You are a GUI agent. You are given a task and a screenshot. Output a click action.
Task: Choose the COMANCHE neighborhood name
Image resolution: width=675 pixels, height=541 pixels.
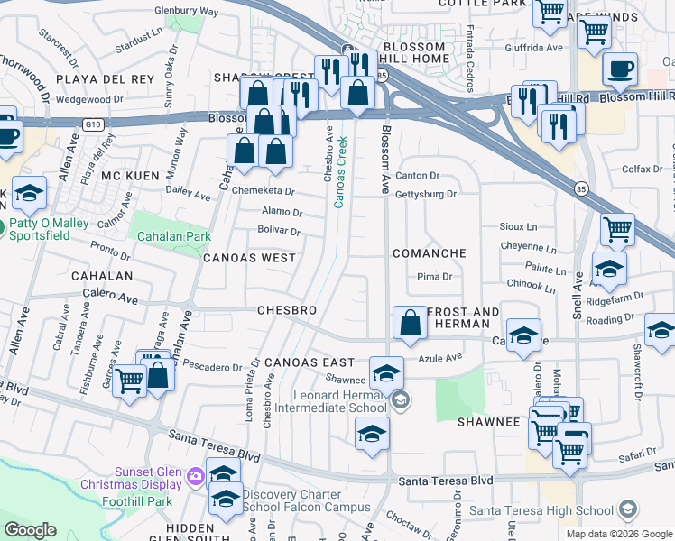[x=430, y=253]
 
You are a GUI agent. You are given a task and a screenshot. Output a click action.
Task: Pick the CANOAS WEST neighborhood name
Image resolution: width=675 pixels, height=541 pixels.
[x=249, y=258]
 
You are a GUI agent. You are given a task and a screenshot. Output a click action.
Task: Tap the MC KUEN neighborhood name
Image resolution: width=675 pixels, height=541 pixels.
[x=123, y=175]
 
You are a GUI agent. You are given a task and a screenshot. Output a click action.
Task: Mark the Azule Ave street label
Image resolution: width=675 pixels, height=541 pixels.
[x=439, y=357]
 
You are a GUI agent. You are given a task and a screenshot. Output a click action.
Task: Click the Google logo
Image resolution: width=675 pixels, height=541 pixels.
[x=30, y=530]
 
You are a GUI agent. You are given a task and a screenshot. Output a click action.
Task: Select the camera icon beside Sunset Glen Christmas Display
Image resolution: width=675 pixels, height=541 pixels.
[x=195, y=474]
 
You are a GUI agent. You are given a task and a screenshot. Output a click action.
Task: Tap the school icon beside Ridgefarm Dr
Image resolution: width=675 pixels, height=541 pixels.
[x=609, y=270]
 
